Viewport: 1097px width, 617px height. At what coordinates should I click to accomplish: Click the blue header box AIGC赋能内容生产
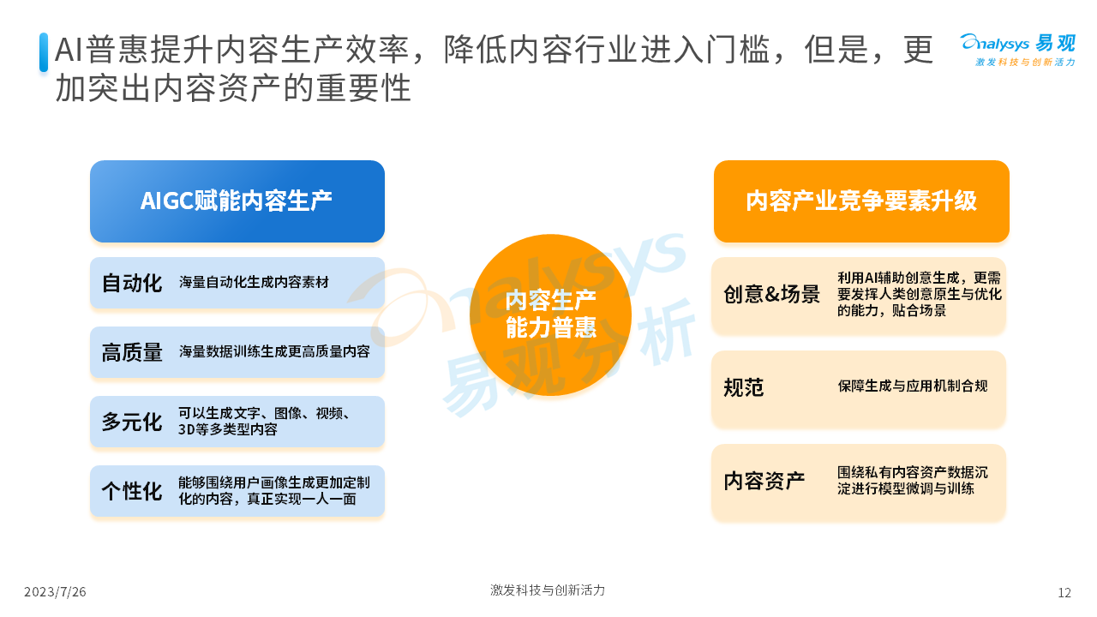coord(237,201)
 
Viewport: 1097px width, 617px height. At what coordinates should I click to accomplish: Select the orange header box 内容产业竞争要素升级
coord(861,201)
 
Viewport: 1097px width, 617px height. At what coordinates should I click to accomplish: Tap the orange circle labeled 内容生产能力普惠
coord(550,314)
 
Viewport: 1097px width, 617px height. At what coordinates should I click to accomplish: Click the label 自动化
coord(132,283)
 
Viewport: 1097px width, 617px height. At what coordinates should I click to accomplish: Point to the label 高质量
coord(132,352)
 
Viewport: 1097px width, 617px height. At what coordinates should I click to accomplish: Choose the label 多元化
coord(132,422)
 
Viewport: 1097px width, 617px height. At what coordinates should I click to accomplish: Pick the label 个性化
coord(132,491)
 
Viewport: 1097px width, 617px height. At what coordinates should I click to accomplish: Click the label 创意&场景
coord(772,294)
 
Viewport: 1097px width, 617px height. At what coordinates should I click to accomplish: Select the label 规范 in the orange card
coord(744,387)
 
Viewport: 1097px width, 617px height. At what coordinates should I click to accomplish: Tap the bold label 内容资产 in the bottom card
coord(764,481)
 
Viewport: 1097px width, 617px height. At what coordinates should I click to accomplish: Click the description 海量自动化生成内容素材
coord(254,283)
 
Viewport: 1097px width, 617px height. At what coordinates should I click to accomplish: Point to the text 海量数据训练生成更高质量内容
coord(274,351)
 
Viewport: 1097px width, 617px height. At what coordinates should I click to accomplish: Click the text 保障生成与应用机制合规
coord(913,386)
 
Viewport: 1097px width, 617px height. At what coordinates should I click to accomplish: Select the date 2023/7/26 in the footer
coord(55,592)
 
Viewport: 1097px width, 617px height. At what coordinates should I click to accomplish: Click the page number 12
coord(1064,593)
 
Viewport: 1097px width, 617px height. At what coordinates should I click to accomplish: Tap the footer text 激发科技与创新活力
coord(548,590)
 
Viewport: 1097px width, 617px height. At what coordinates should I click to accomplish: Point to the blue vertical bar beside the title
coord(44,52)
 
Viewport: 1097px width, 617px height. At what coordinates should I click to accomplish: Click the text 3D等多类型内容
coord(228,429)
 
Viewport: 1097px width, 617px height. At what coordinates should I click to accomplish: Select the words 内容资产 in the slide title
coord(185,88)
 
